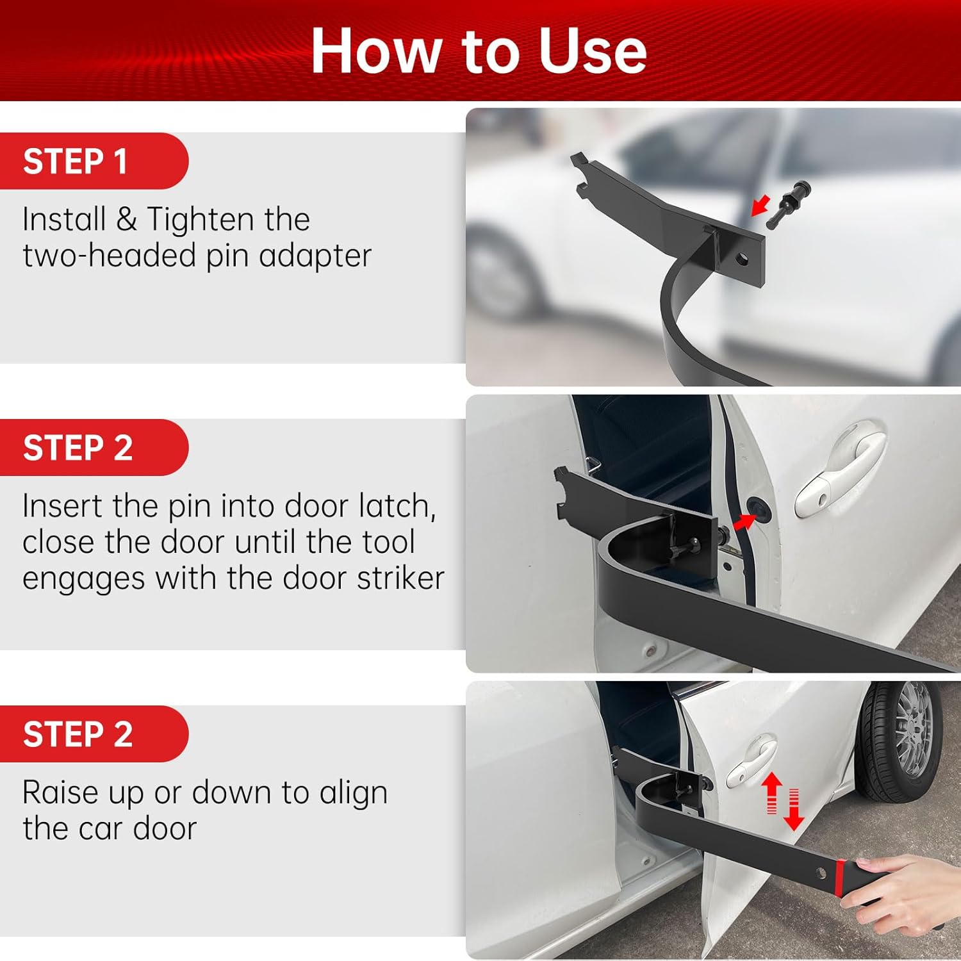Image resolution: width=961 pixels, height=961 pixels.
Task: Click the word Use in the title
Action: pyautogui.click(x=593, y=51)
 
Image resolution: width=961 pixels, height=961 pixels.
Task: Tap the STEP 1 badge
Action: pyautogui.click(x=94, y=161)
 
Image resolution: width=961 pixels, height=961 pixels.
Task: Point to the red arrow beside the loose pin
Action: pyautogui.click(x=760, y=207)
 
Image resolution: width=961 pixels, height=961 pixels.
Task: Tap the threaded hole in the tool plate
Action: pyautogui.click(x=743, y=259)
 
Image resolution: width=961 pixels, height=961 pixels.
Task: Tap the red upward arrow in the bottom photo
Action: pyautogui.click(x=773, y=793)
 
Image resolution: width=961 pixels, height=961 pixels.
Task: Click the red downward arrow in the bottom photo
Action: pyautogui.click(x=794, y=810)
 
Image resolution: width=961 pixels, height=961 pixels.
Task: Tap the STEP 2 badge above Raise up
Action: pyautogui.click(x=94, y=734)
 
